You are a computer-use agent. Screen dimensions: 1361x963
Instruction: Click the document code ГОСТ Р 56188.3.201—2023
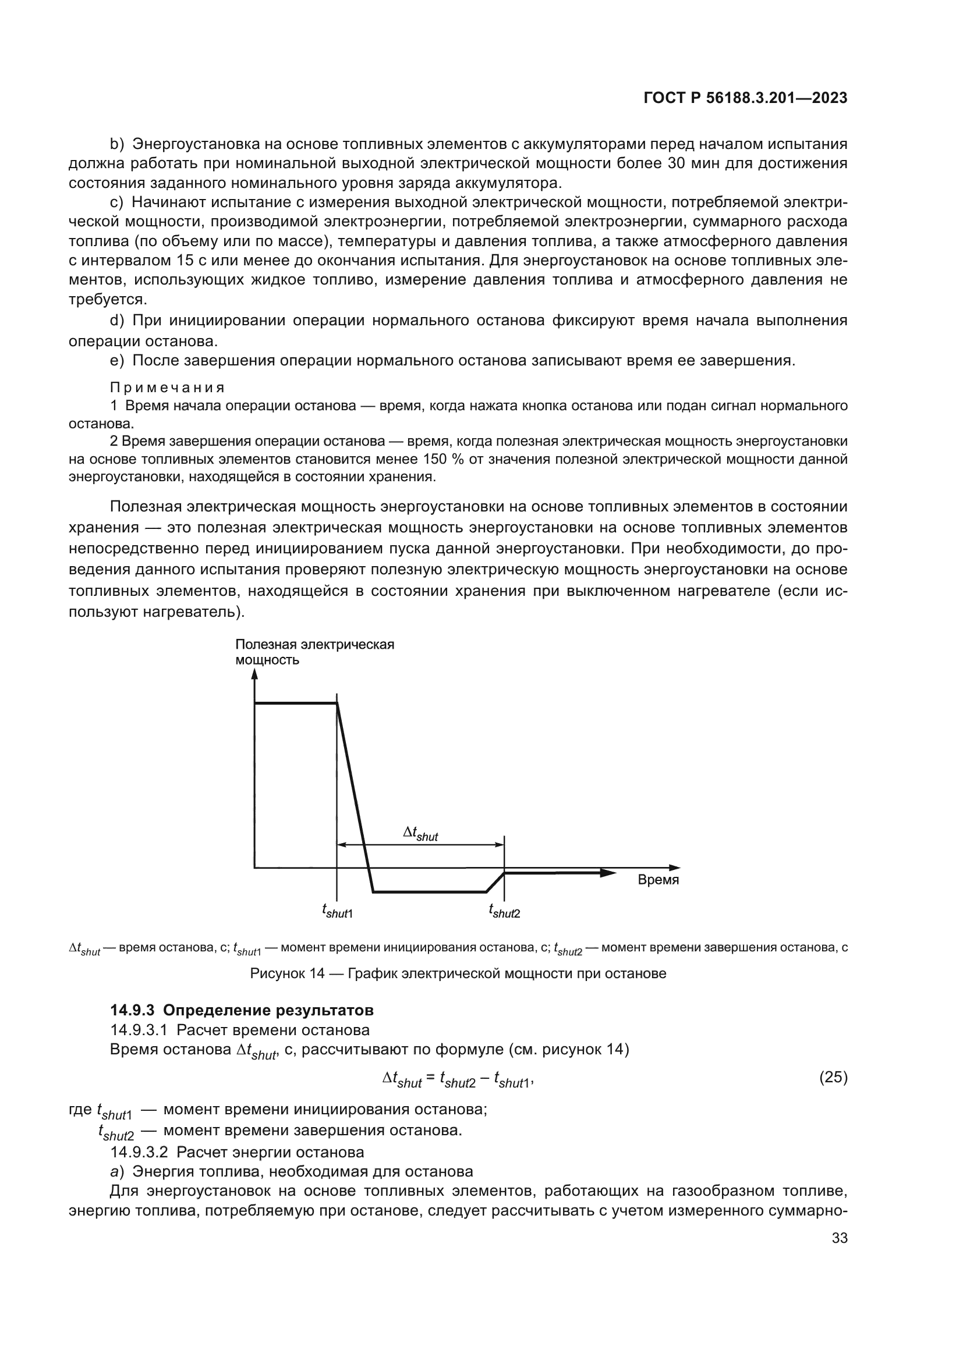click(745, 98)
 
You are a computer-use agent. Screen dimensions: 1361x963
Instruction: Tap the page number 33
click(839, 1238)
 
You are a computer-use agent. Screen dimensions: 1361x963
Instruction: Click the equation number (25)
click(833, 1077)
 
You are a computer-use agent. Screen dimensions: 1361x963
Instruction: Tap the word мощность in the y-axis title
click(267, 660)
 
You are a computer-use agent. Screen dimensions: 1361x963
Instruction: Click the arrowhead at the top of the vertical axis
click(254, 674)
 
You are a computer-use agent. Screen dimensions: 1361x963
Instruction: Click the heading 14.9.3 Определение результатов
click(242, 1010)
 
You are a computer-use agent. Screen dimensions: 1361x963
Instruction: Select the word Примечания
click(167, 388)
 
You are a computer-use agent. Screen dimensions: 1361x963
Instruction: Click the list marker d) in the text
click(117, 321)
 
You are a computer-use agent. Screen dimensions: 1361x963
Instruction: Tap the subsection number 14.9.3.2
click(139, 1152)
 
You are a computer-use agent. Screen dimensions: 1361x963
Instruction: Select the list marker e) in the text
click(117, 360)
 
